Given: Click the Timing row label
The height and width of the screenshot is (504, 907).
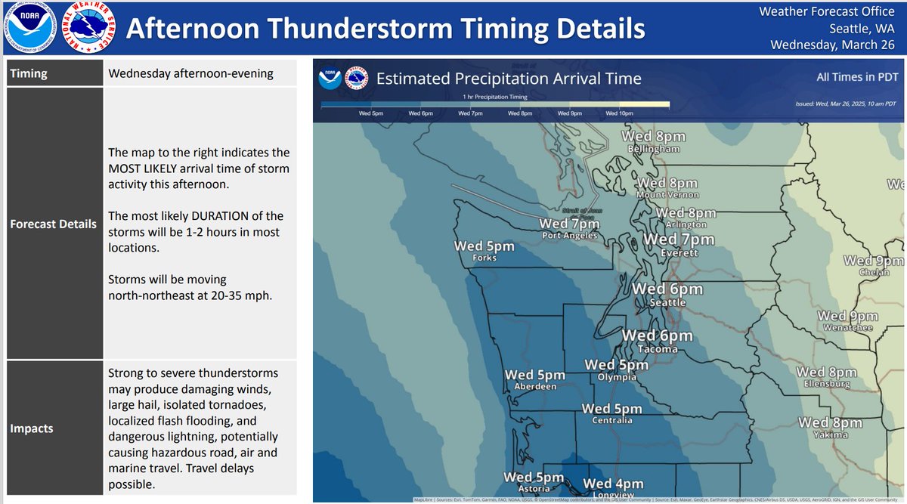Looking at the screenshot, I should (29, 74).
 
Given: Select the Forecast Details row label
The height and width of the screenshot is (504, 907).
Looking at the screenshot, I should (53, 224).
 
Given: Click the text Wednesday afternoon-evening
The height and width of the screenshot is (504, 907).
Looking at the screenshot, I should (190, 74).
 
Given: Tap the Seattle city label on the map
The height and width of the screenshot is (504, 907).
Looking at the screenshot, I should (667, 303).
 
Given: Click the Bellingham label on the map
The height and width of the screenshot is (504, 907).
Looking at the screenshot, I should (654, 150).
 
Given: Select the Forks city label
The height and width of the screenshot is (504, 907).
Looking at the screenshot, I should (484, 258).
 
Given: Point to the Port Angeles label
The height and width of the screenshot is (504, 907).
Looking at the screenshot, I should (570, 236).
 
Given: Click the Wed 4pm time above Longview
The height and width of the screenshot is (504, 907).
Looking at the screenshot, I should (613, 484).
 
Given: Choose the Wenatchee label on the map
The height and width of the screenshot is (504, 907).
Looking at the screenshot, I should (847, 328).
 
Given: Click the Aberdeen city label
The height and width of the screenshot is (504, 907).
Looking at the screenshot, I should (535, 386).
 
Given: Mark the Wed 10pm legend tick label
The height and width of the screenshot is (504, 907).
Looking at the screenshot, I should (619, 113).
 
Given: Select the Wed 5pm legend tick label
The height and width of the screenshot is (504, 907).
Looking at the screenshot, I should (372, 113).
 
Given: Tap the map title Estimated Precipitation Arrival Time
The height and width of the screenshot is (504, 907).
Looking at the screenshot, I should (508, 79).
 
